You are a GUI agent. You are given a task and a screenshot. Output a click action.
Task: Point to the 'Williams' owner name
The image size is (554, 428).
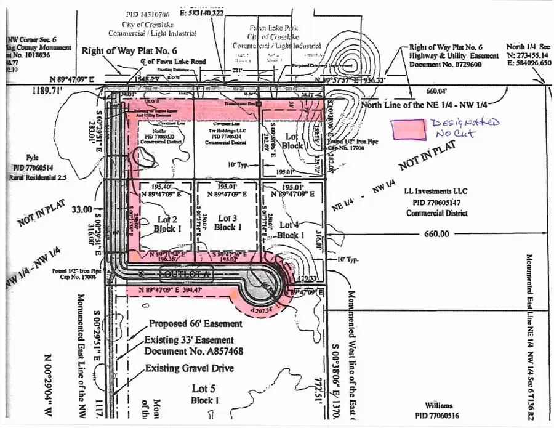click(456, 406)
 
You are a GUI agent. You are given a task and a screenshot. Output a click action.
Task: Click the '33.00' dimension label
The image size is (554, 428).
click(81, 209)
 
